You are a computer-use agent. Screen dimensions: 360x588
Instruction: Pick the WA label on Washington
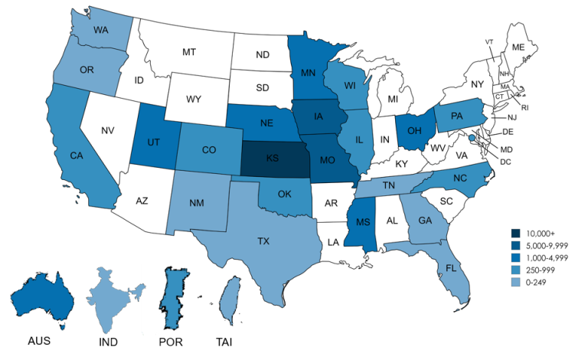pos(100,31)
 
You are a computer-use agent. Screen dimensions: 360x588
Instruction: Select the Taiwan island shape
pos(227,299)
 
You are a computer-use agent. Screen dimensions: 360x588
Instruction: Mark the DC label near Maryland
pos(506,162)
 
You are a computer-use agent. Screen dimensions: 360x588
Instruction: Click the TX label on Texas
pos(263,241)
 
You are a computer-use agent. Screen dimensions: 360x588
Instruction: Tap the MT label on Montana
pos(190,52)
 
